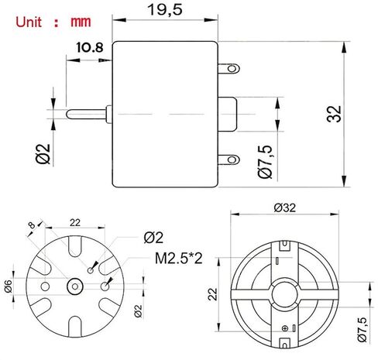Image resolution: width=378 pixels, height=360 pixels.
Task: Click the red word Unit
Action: [24, 21]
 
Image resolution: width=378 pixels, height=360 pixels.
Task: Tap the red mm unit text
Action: [80, 21]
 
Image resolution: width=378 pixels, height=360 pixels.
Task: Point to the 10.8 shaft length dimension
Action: [91, 48]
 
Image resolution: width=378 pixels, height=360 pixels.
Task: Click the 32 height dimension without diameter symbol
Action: [334, 114]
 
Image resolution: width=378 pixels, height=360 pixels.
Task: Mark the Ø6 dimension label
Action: [8, 286]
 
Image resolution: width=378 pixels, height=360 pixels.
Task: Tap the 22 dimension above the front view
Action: [76, 222]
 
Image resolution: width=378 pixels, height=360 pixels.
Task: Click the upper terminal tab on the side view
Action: [229, 68]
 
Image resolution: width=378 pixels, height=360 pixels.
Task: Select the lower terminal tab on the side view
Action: [229, 160]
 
